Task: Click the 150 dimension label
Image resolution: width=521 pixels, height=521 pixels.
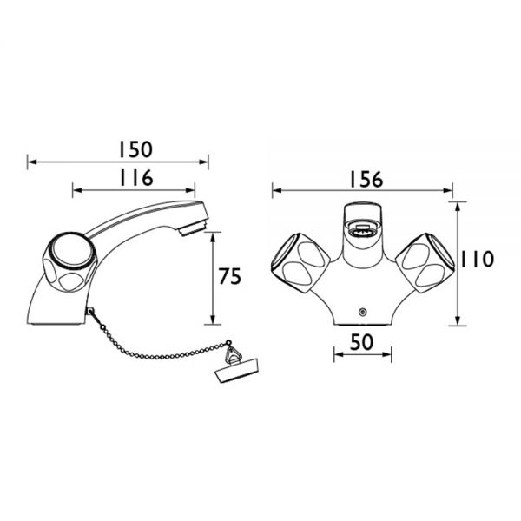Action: click(136, 149)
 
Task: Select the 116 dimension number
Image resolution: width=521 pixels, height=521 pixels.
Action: click(136, 178)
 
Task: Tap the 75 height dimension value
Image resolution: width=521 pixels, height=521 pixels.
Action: click(229, 276)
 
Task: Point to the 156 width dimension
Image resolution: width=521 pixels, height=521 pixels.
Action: click(366, 179)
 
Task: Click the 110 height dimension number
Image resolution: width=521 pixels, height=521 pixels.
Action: click(477, 259)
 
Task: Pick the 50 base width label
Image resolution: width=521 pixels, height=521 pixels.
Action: click(361, 342)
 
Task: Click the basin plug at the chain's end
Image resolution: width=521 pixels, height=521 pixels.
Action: click(231, 370)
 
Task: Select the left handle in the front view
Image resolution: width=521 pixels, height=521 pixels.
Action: click(300, 263)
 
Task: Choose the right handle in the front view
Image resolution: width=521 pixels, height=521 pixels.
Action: click(425, 263)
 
